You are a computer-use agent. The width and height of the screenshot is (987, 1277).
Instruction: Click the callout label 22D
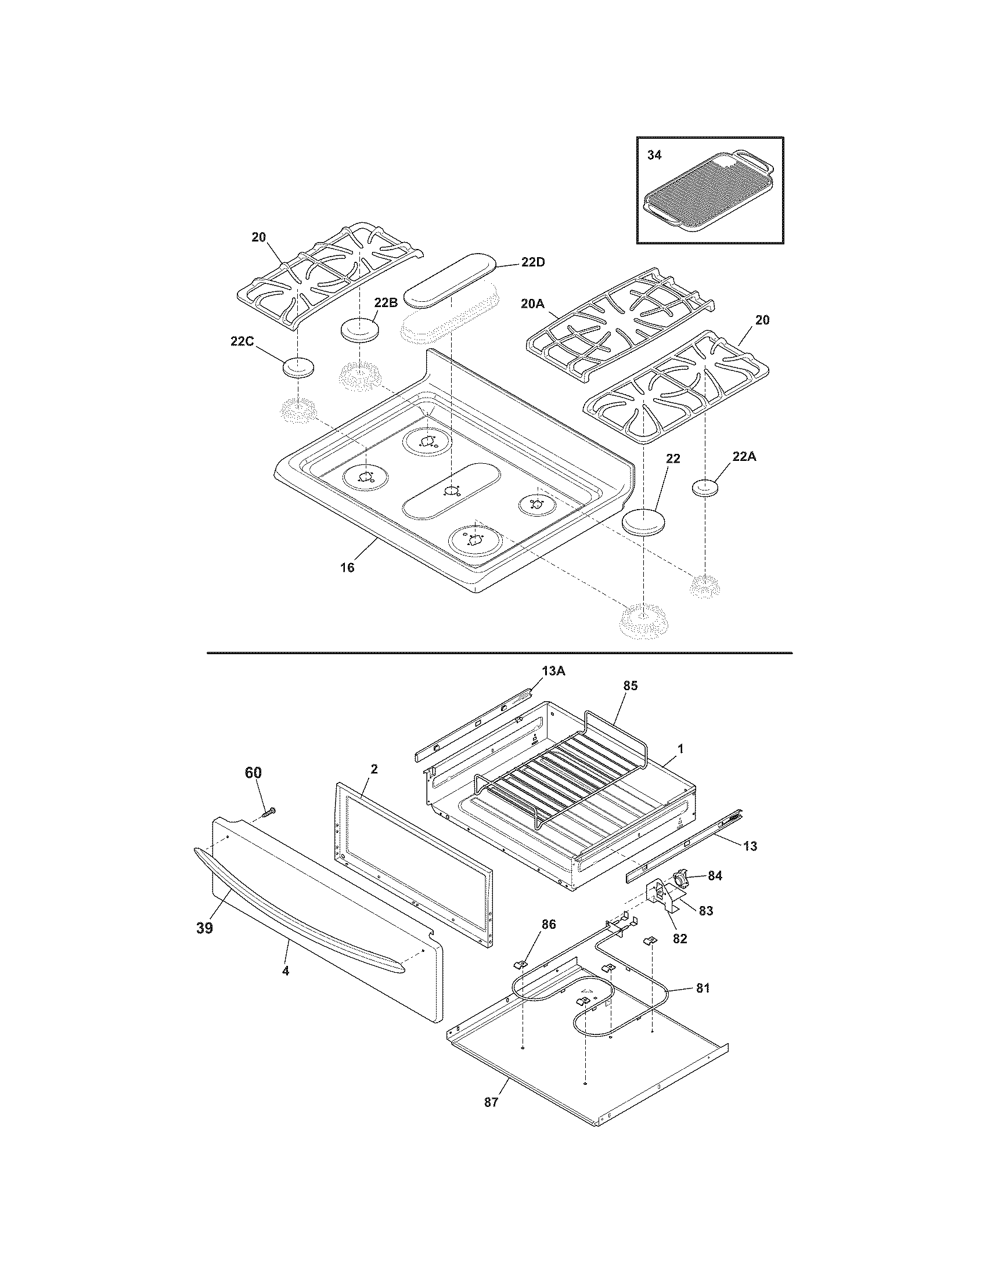coord(532,262)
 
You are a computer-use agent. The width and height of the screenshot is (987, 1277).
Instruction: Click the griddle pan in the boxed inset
coord(708,197)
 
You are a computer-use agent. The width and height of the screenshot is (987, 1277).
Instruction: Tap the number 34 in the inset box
coord(655,156)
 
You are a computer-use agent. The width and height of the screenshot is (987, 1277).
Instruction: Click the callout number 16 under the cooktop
coord(347,567)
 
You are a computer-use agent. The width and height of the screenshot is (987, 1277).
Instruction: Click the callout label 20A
coord(532,304)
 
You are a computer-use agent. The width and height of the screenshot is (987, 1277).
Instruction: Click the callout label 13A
coord(553,671)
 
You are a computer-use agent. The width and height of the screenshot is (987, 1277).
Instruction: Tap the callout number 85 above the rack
coord(630,686)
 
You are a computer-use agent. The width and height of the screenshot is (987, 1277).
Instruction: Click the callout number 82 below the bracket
coord(679,939)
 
